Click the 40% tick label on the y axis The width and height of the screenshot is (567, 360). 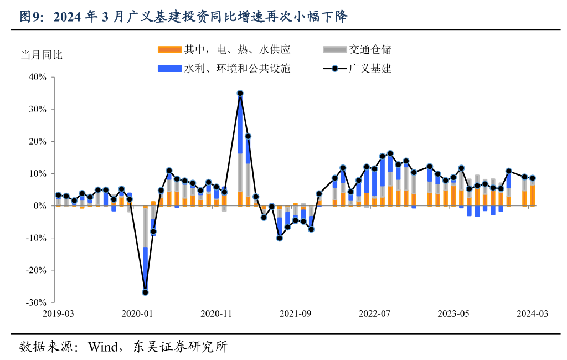(x=38, y=77)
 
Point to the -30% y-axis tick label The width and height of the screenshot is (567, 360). (x=36, y=302)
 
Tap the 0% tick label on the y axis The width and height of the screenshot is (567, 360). (x=41, y=206)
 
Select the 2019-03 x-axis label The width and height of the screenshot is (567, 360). (x=58, y=313)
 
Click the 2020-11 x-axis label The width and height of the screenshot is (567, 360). (x=216, y=313)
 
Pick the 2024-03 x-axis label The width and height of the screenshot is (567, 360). (x=532, y=313)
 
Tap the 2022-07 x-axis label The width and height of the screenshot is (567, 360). (x=374, y=313)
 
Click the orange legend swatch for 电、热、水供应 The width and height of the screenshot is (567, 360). (x=169, y=50)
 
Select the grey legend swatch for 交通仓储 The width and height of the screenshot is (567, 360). (x=334, y=50)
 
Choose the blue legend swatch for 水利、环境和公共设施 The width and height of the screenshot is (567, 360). (x=169, y=69)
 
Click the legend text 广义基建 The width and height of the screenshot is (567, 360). (x=370, y=69)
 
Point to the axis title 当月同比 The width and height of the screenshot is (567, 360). (x=42, y=55)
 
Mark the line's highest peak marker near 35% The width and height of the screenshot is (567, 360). (x=240, y=94)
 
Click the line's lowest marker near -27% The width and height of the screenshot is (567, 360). (x=145, y=292)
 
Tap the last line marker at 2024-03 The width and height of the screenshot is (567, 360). (x=533, y=178)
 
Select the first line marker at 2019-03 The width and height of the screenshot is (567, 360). (x=58, y=195)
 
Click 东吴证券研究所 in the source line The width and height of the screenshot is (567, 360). (x=180, y=347)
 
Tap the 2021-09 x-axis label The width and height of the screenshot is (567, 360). (x=295, y=313)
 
